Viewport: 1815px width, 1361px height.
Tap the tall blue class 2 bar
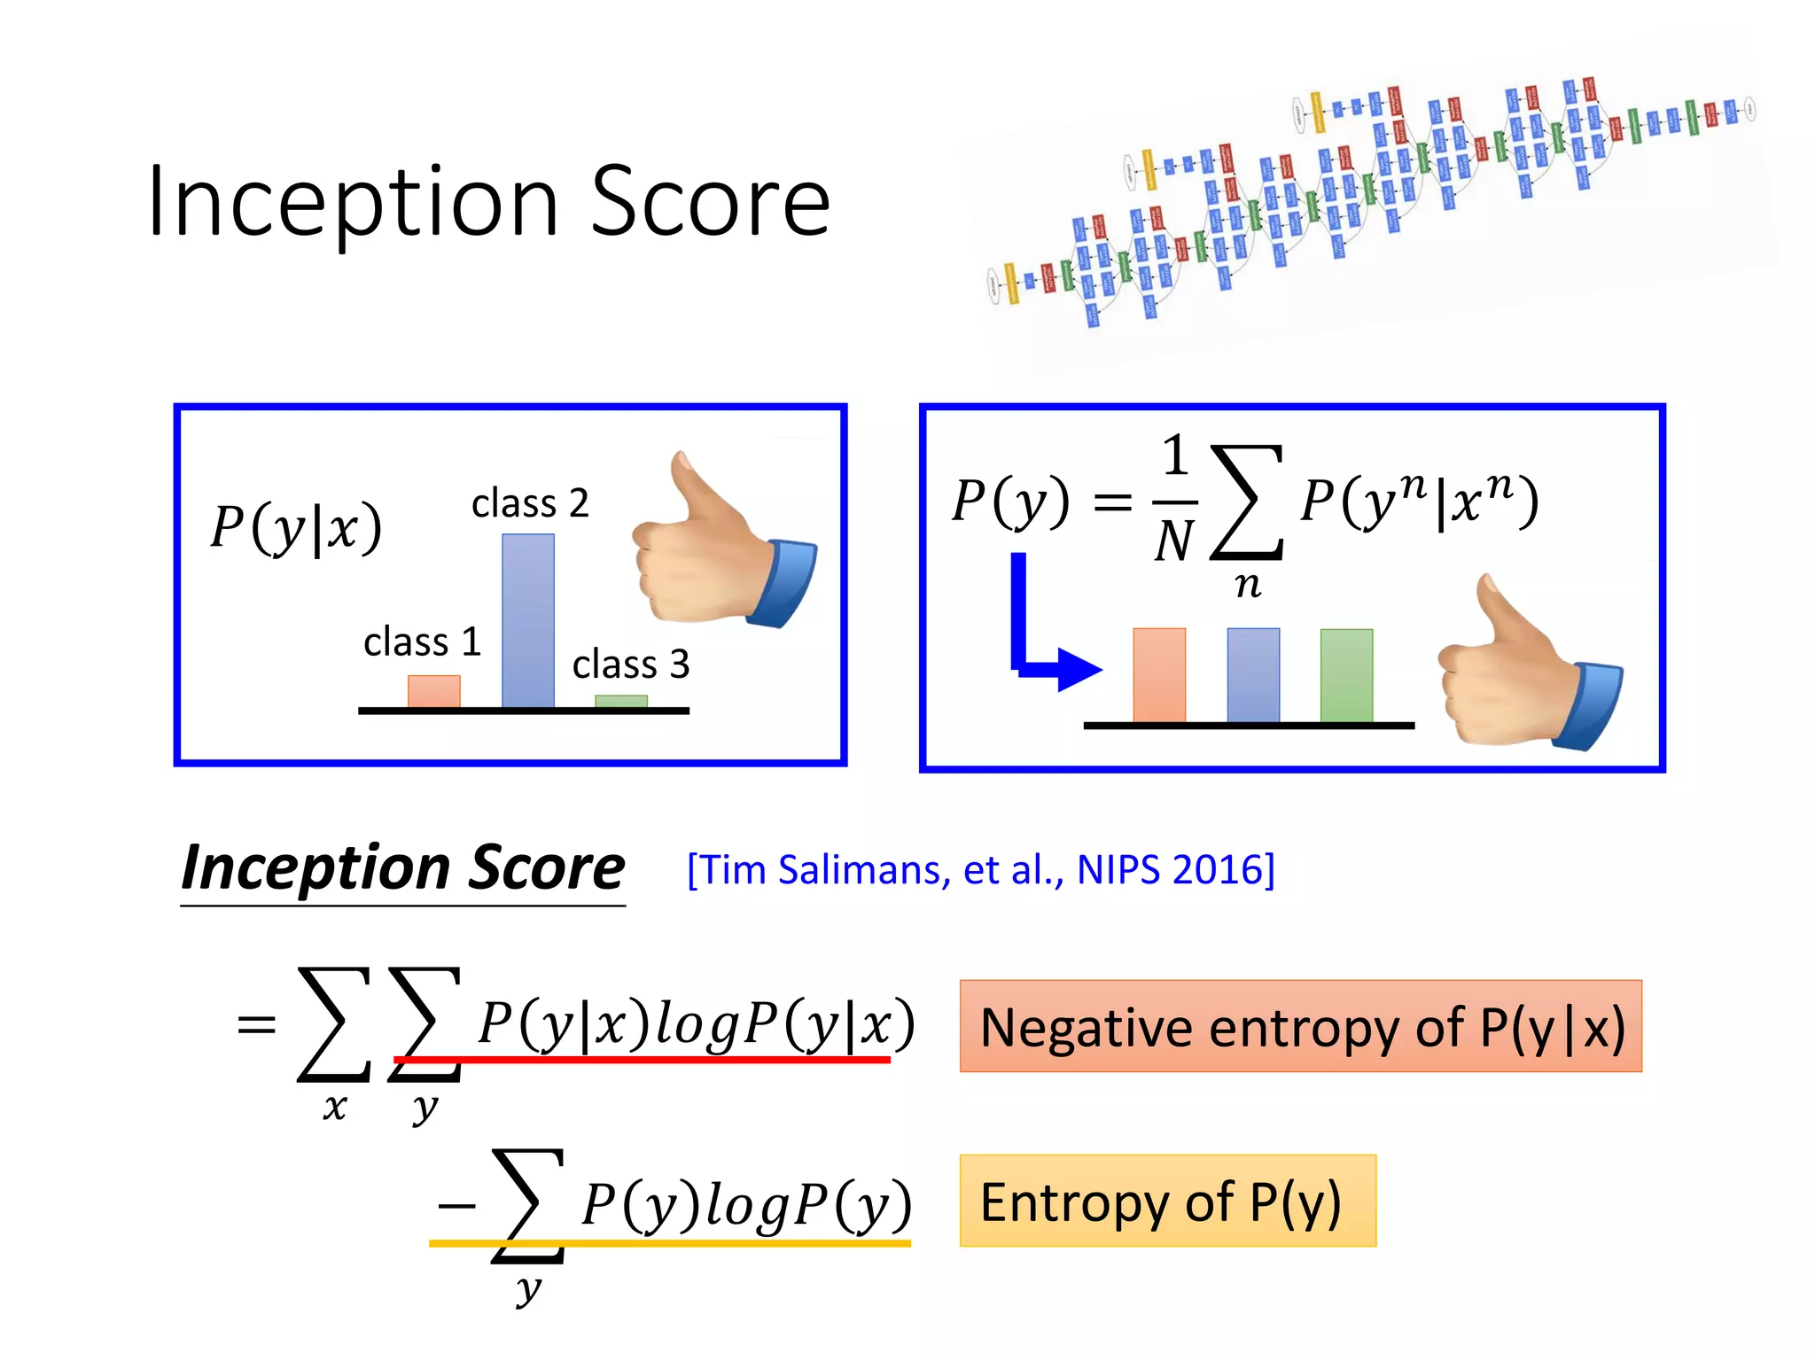pyautogui.click(x=528, y=620)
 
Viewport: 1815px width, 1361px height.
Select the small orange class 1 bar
pyautogui.click(x=434, y=691)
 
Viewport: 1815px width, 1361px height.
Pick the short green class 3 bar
pyautogui.click(x=621, y=701)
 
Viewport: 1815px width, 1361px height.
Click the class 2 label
pyautogui.click(x=530, y=503)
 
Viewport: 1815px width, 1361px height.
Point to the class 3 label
pyautogui.click(x=630, y=665)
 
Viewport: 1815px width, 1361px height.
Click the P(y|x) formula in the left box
pyautogui.click(x=296, y=528)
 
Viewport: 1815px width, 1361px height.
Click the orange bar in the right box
pyautogui.click(x=1159, y=675)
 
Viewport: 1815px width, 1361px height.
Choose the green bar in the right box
pyautogui.click(x=1346, y=675)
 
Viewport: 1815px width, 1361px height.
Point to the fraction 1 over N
pyautogui.click(x=1175, y=501)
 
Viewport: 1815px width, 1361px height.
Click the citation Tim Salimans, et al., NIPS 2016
pyautogui.click(x=981, y=870)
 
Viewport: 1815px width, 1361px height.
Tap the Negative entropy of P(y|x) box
pyautogui.click(x=1300, y=1026)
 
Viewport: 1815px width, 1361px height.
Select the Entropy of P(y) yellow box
pyautogui.click(x=1167, y=1201)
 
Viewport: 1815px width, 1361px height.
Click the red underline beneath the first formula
pyautogui.click(x=642, y=1060)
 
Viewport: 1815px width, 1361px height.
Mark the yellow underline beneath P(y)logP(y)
pyautogui.click(x=670, y=1244)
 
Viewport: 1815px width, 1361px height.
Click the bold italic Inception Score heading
pyautogui.click(x=403, y=868)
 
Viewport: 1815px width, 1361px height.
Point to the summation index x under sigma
pyautogui.click(x=334, y=1108)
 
